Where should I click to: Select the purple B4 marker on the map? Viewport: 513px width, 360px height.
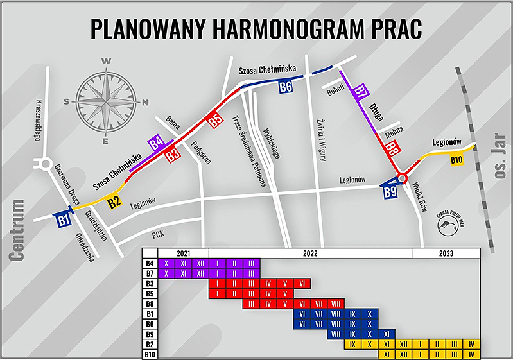156,142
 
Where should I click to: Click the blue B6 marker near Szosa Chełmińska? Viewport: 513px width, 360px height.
286,87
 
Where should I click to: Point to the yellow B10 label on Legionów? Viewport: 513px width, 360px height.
456,160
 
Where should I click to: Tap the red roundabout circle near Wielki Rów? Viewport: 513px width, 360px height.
402,178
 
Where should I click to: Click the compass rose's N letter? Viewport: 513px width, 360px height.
146,101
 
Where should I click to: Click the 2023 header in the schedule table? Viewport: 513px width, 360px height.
446,253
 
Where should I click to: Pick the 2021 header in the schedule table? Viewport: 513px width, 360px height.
183,253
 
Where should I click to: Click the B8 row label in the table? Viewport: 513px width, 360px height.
150,304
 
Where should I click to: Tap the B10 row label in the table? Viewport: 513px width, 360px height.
150,354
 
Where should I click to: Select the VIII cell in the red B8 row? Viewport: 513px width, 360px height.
336,304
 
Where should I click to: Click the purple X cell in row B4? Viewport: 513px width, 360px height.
167,263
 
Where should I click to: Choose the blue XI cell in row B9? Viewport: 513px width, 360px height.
386,334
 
